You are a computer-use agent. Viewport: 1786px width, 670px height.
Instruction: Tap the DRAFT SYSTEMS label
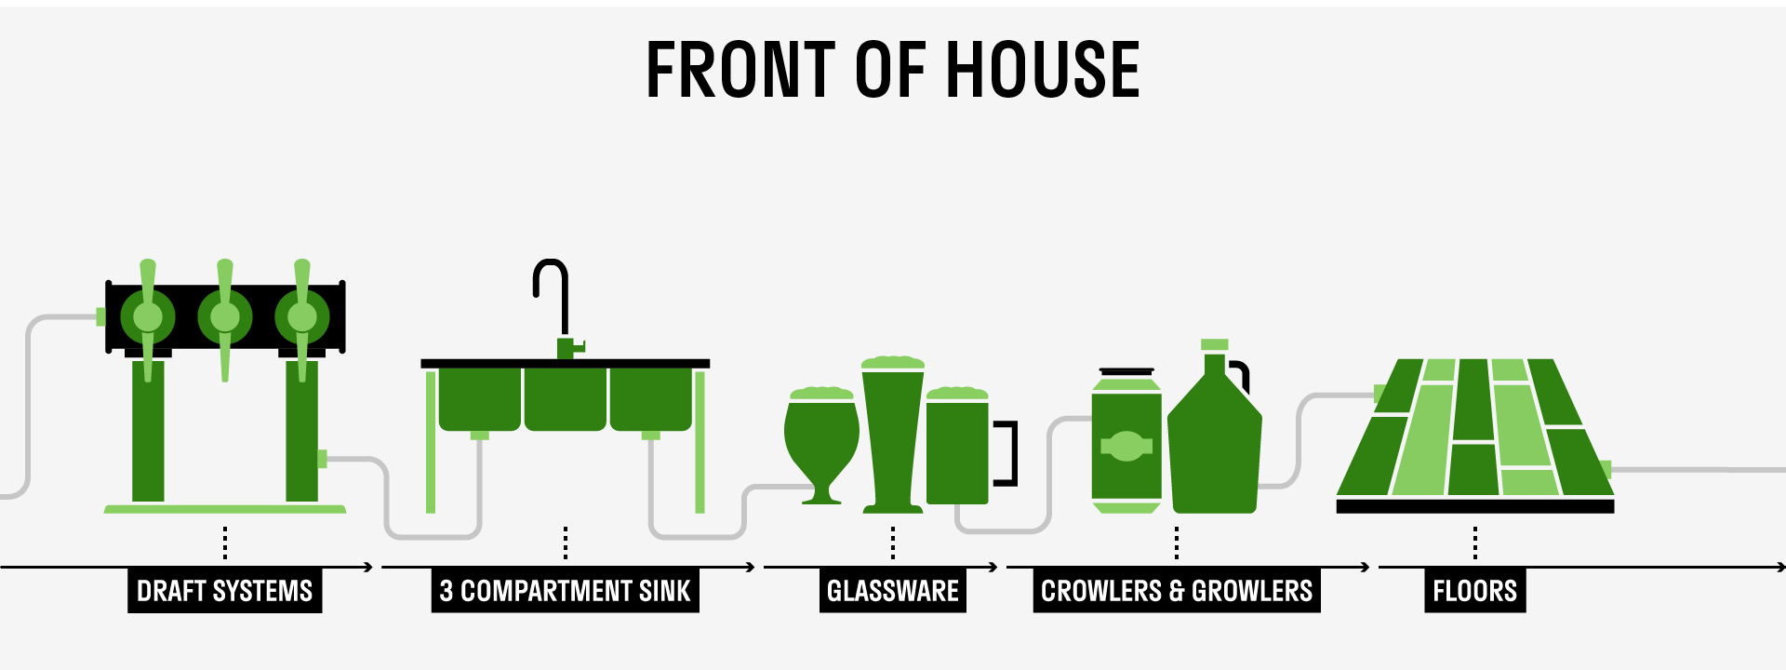pyautogui.click(x=224, y=591)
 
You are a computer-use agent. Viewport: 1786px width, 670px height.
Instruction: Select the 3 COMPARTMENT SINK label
pyautogui.click(x=565, y=591)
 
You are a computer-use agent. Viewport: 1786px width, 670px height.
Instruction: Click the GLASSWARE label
pyautogui.click(x=892, y=591)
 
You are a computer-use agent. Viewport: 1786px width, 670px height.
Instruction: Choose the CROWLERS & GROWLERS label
pyautogui.click(x=1176, y=591)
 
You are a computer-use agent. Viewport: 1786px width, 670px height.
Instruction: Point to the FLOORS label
pyautogui.click(x=1474, y=591)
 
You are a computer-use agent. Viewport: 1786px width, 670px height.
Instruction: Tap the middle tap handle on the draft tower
pyautogui.click(x=225, y=316)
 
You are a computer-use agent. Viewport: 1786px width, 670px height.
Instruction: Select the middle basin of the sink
pyautogui.click(x=565, y=398)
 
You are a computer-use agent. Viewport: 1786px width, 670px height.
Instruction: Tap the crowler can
pyautogui.click(x=1126, y=442)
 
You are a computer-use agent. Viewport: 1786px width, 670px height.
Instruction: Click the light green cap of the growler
pyautogui.click(x=1214, y=344)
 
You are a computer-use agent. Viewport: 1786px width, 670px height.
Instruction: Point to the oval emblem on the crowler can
pyautogui.click(x=1126, y=446)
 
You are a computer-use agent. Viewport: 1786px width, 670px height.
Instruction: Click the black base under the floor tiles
pyautogui.click(x=1474, y=506)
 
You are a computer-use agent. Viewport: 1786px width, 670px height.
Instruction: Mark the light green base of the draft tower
pyautogui.click(x=225, y=509)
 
